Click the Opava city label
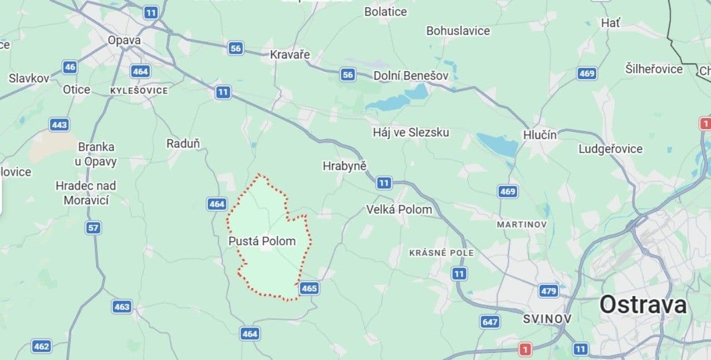(124, 40)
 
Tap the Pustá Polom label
(262, 241)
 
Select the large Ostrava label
(643, 305)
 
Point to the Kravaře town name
(290, 55)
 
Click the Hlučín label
(540, 135)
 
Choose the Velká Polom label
(399, 209)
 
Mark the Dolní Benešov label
(410, 75)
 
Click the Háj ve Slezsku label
(410, 132)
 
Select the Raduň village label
(183, 144)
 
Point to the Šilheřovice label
(654, 69)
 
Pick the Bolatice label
(385, 12)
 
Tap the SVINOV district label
(547, 319)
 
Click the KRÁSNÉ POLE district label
(442, 253)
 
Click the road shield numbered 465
(309, 288)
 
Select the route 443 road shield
(60, 125)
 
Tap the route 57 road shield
(94, 227)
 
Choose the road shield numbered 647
(490, 322)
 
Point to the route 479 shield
(548, 290)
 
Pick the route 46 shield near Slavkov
(70, 67)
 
